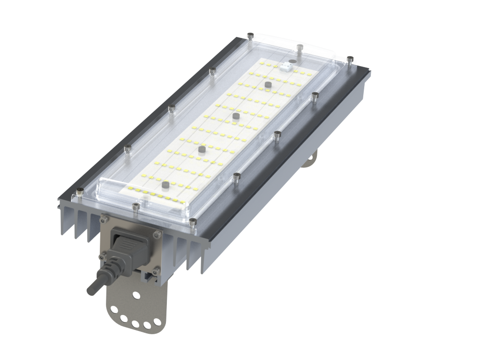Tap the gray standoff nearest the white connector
tap(268, 85)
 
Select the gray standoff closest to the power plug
tap(165, 186)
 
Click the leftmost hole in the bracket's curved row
tap(114, 315)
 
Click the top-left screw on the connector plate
tap(103, 218)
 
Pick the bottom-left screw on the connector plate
tap(101, 256)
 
